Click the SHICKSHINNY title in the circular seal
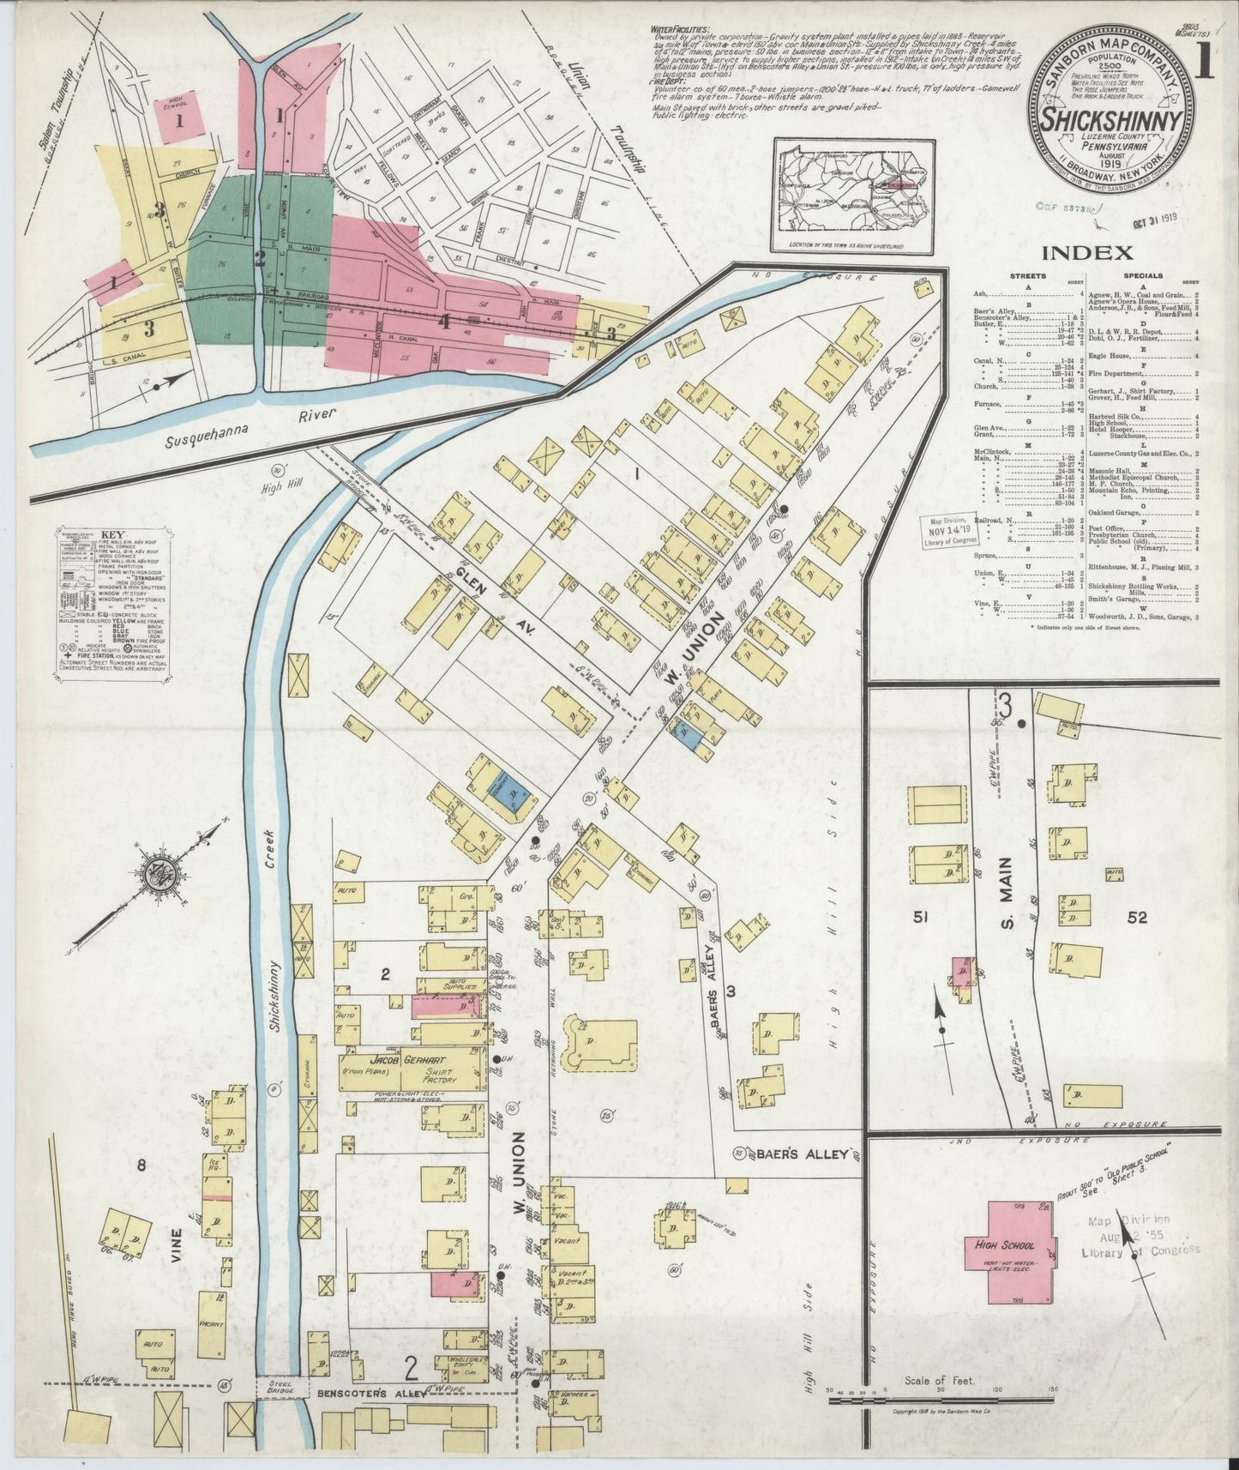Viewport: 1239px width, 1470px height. click(x=1113, y=120)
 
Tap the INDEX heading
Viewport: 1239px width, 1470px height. click(x=1088, y=252)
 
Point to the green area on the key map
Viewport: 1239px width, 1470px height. click(x=257, y=257)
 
